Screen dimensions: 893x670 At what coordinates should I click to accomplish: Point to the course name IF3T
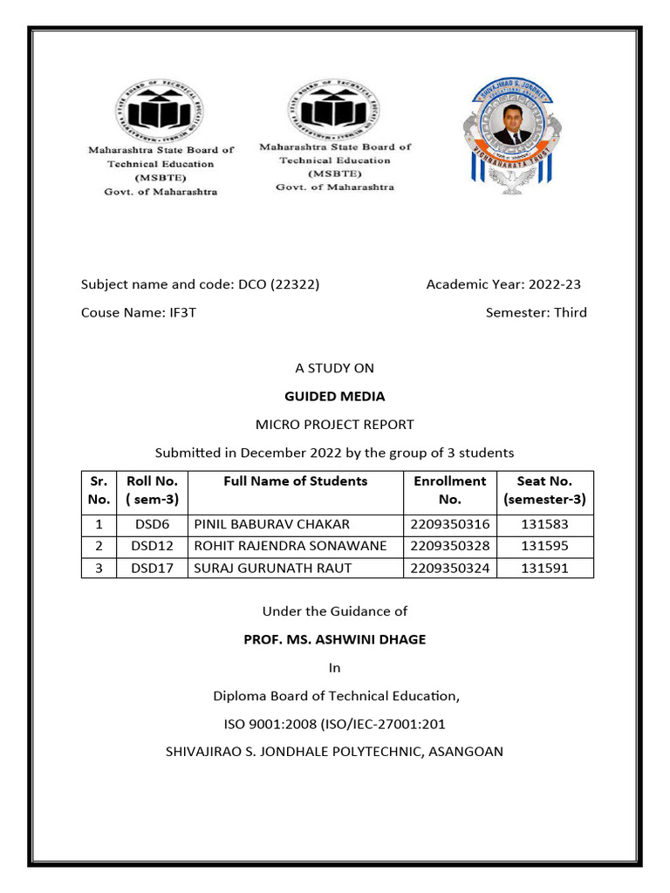(182, 312)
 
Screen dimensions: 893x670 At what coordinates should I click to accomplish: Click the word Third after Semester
(571, 312)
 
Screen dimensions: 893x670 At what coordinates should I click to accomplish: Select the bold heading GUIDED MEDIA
(334, 396)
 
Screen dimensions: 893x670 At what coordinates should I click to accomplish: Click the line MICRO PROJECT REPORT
(334, 425)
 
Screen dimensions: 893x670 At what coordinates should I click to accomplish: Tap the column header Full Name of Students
(295, 481)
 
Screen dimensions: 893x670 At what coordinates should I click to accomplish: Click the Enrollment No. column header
(449, 490)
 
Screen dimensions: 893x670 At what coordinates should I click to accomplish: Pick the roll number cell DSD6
(152, 524)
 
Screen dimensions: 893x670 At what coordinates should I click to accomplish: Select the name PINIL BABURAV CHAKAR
(271, 524)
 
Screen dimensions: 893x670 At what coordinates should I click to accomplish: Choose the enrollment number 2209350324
(449, 568)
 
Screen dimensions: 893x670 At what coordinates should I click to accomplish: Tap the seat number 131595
(544, 546)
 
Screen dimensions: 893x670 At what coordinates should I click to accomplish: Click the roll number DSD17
(152, 568)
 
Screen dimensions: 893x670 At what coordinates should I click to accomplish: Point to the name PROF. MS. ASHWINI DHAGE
(334, 639)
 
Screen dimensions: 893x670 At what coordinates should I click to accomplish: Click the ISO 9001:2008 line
(334, 723)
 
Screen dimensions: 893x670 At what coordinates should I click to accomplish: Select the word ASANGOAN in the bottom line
(466, 751)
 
